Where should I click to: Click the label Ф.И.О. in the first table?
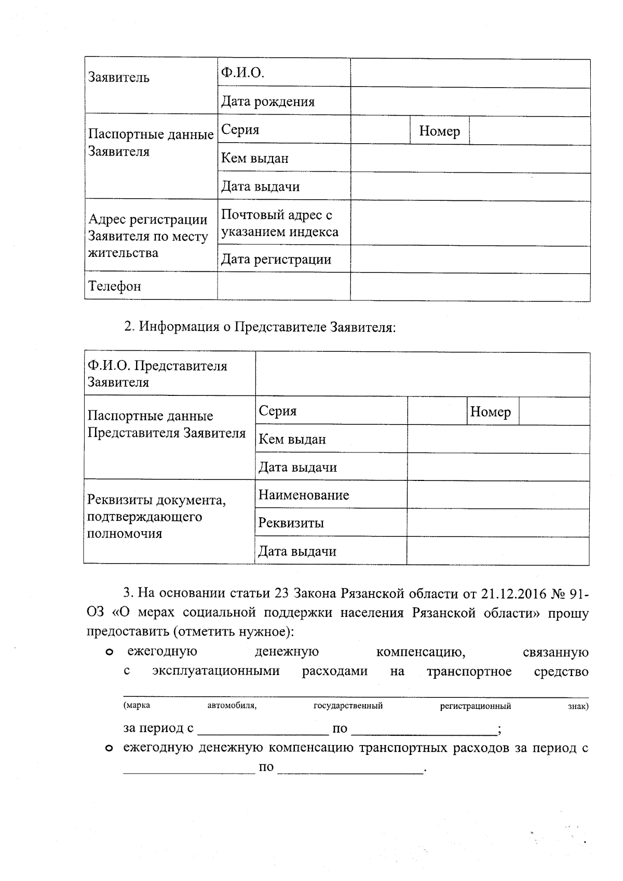click(242, 72)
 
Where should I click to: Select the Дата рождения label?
click(268, 101)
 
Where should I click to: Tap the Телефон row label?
click(114, 286)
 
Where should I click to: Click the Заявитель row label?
click(119, 78)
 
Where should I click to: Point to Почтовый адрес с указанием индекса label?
click(279, 223)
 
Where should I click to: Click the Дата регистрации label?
click(276, 259)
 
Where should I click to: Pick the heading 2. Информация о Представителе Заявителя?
click(260, 327)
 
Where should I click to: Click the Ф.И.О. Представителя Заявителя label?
click(157, 374)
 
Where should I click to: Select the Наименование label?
click(304, 495)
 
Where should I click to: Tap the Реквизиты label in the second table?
click(291, 523)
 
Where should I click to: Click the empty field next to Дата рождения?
click(470, 101)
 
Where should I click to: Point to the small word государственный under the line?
click(348, 706)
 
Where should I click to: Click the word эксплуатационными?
click(216, 671)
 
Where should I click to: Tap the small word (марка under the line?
click(137, 706)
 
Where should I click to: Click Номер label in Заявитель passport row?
click(439, 131)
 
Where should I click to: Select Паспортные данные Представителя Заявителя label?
click(166, 424)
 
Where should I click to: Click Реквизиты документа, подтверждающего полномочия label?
click(156, 517)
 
